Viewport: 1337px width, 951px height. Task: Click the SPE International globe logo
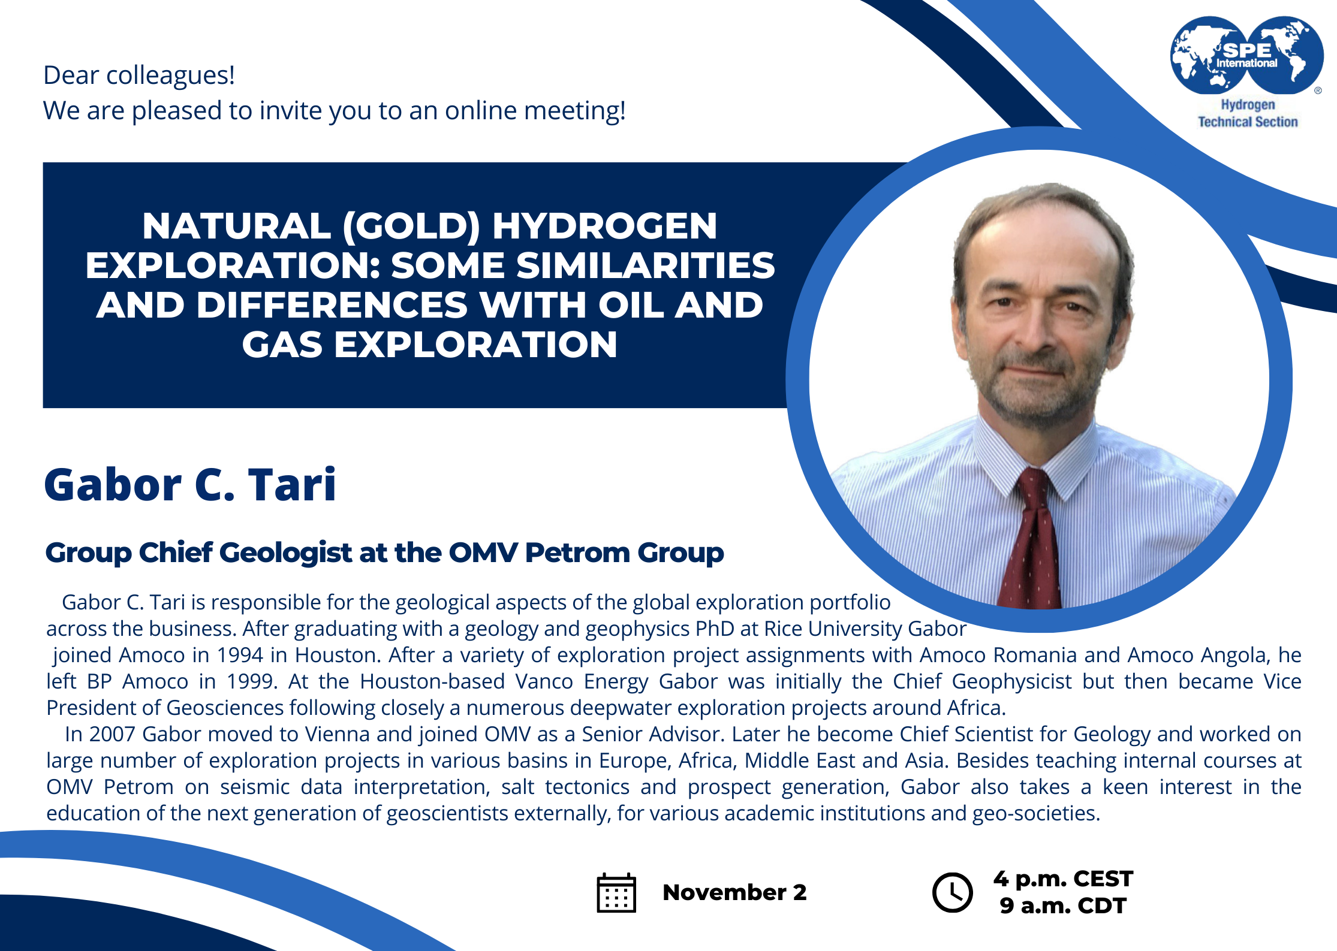pyautogui.click(x=1247, y=55)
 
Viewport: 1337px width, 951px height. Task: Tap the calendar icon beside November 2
pyautogui.click(x=616, y=892)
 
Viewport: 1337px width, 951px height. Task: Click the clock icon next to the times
pyautogui.click(x=952, y=892)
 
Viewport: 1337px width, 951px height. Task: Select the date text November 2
pyautogui.click(x=734, y=892)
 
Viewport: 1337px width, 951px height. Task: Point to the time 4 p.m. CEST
pyautogui.click(x=1063, y=878)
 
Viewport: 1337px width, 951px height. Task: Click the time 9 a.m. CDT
pyautogui.click(x=1063, y=905)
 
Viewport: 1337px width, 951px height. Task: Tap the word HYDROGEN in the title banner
pyautogui.click(x=604, y=226)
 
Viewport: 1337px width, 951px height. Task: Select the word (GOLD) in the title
pyautogui.click(x=411, y=226)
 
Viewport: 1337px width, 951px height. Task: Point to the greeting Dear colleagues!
pyautogui.click(x=139, y=76)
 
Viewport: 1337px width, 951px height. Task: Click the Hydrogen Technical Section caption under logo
pyautogui.click(x=1248, y=113)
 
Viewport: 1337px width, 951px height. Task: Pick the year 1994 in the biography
pyautogui.click(x=240, y=655)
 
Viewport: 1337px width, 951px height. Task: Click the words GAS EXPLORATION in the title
pyautogui.click(x=429, y=345)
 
